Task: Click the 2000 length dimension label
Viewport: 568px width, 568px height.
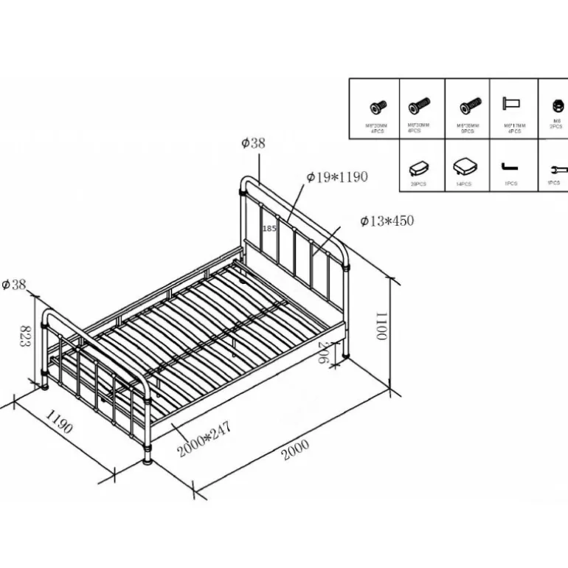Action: (294, 451)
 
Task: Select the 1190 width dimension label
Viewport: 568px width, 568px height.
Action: (60, 426)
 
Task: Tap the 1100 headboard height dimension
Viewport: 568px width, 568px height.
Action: (381, 325)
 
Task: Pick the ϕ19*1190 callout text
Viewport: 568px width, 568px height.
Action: (336, 177)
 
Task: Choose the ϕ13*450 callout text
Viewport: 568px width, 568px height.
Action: (387, 221)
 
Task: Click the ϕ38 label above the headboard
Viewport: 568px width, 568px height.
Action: (253, 144)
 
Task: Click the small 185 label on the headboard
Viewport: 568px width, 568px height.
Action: (269, 229)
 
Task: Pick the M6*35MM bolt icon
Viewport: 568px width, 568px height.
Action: (469, 106)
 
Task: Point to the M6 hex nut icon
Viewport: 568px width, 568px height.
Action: (554, 105)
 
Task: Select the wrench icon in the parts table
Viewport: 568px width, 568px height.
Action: (554, 168)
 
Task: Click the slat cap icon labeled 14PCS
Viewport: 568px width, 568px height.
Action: (464, 165)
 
